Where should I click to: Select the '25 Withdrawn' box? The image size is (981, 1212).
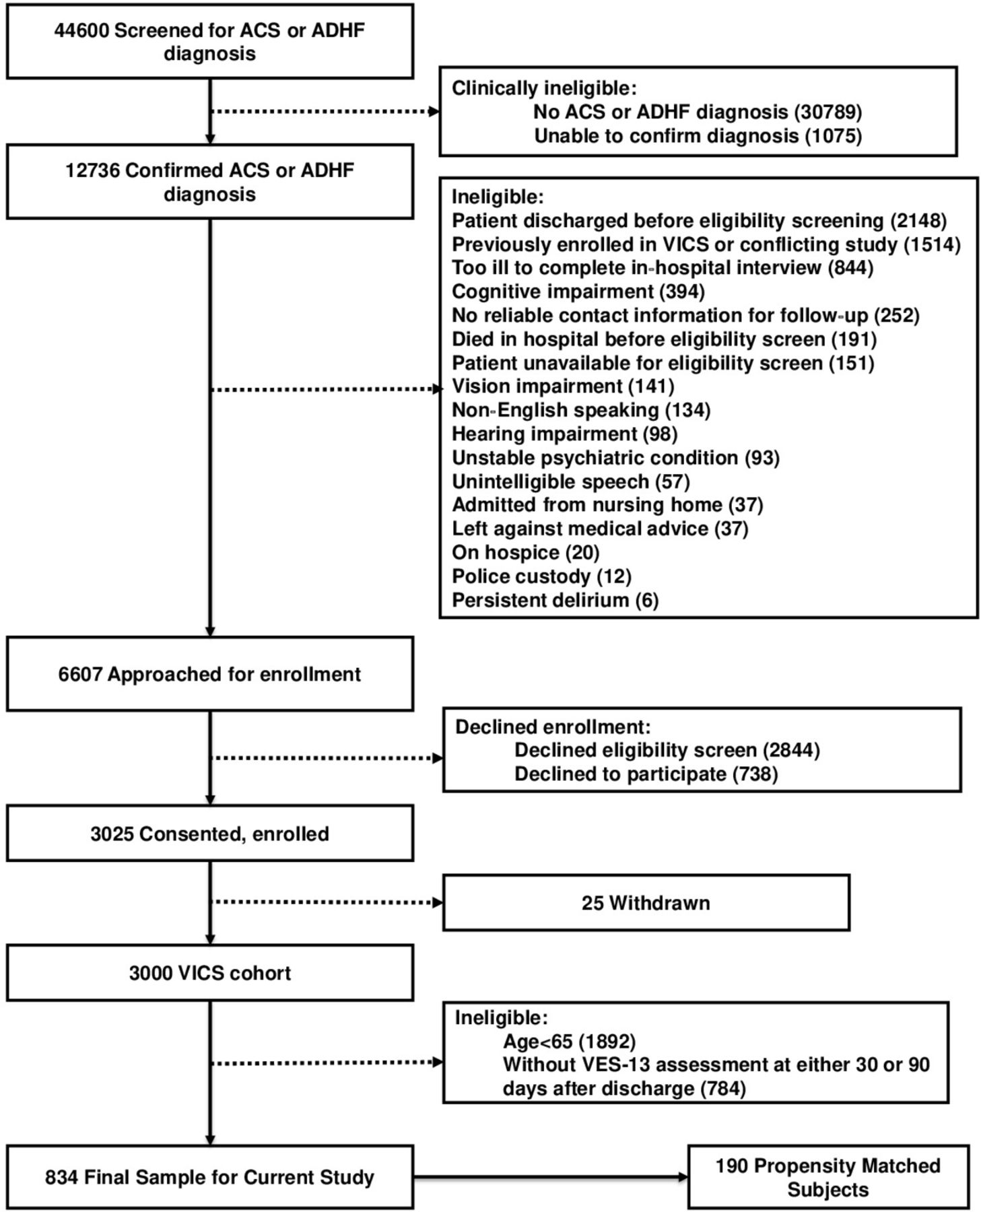click(646, 902)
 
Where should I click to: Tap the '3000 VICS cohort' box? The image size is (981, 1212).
click(210, 972)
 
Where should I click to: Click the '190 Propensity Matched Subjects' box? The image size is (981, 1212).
click(828, 1177)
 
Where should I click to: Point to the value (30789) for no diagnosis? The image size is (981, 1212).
click(828, 112)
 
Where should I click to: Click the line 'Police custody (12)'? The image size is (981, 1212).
click(541, 576)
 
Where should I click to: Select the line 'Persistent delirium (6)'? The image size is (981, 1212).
click(555, 600)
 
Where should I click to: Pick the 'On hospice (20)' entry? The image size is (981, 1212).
click(525, 553)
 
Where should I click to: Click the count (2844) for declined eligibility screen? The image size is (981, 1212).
click(791, 750)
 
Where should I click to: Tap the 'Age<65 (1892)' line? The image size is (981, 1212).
click(569, 1042)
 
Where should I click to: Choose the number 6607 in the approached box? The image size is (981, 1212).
click(79, 674)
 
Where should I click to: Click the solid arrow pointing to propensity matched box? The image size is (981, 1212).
click(551, 1177)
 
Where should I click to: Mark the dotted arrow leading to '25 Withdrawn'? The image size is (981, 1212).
click(327, 902)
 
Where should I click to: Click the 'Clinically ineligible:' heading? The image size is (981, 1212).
click(543, 88)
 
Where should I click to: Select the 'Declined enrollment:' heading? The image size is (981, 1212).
click(553, 727)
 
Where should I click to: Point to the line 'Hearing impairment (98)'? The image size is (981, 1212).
click(564, 434)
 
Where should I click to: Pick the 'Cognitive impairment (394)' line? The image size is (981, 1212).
click(578, 292)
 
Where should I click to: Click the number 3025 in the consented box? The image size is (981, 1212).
click(112, 834)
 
